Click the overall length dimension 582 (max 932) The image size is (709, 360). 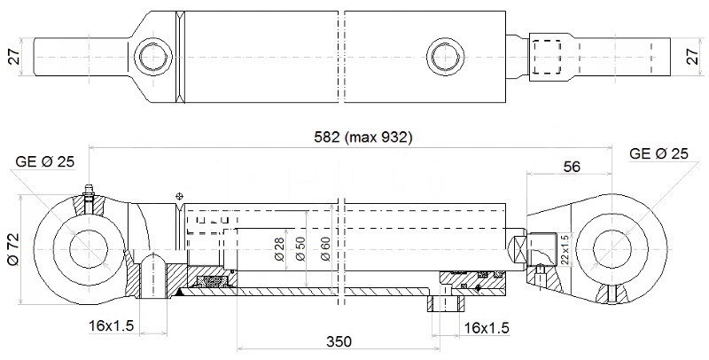point(363,137)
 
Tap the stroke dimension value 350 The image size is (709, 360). point(339,341)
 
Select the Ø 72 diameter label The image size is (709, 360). point(12,249)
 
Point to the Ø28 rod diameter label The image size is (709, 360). point(279,250)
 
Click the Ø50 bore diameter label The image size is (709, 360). point(300,250)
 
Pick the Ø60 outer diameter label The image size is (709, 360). point(325,250)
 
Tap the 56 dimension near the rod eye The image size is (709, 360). point(572,167)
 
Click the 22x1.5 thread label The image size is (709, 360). point(564,250)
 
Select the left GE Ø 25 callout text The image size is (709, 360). point(45,161)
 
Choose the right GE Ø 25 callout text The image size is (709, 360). point(658,153)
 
